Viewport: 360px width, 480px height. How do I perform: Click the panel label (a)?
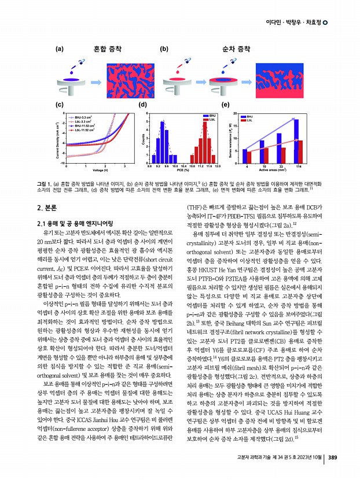coord(59,49)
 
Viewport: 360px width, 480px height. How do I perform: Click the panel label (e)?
coord(226,105)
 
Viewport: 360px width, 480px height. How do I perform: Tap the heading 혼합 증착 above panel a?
coord(108,49)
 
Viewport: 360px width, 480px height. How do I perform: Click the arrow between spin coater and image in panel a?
coord(96,81)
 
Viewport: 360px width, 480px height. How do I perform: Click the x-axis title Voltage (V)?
coord(101,171)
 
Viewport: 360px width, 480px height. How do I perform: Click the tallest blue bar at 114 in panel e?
coord(296,141)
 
